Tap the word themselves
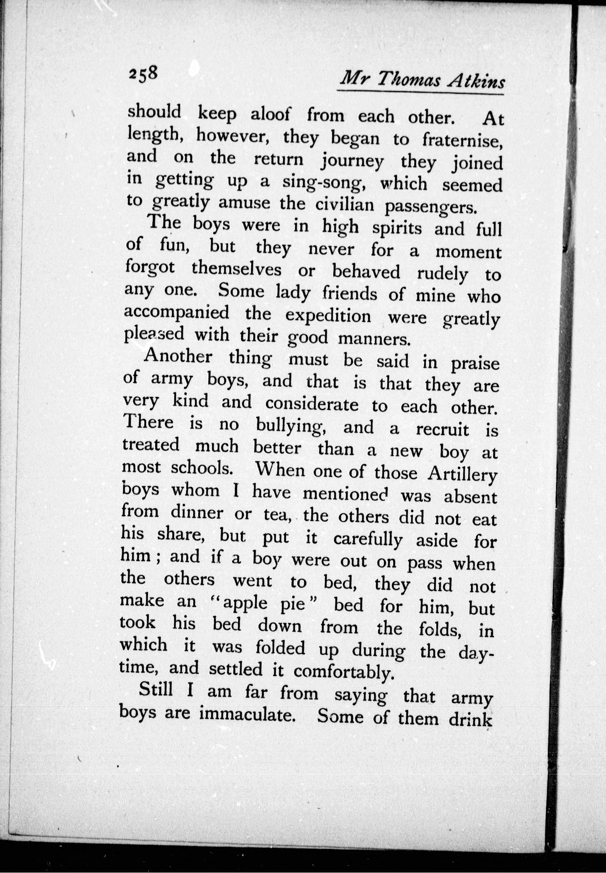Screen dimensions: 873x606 pyautogui.click(x=236, y=270)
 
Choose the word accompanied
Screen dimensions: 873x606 pyautogui.click(x=177, y=313)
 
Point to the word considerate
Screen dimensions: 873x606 pyautogui.click(x=311, y=404)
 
